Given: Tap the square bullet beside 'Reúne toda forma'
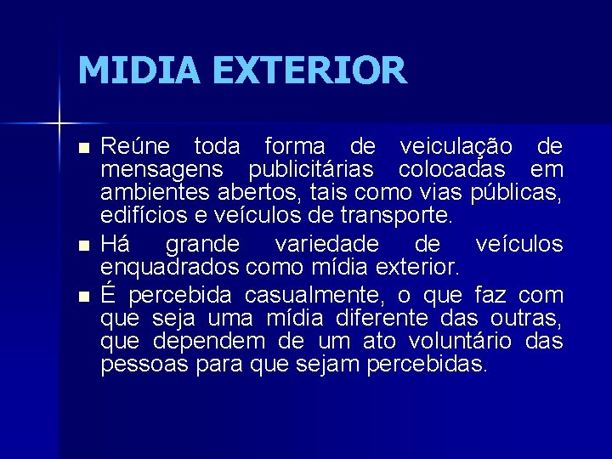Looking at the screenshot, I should (x=82, y=148).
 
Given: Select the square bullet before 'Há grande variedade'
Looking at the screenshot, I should (x=82, y=246).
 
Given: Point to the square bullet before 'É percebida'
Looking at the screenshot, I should (x=82, y=297).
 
